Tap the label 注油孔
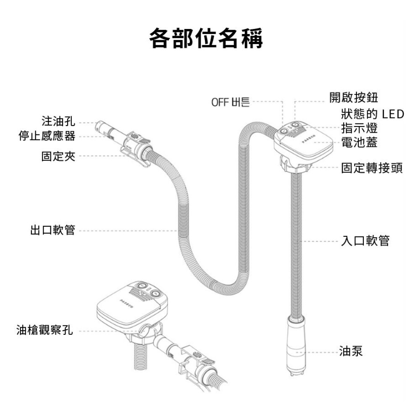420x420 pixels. point(58,122)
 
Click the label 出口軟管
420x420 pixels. point(52,230)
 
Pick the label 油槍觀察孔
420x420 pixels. point(45,330)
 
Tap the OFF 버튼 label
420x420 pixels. point(230,102)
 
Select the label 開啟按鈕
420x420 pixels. point(354,97)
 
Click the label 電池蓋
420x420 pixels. point(359,142)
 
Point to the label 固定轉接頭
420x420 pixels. point(372,168)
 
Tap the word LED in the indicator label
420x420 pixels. point(393,114)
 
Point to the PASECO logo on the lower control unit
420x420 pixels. point(126,302)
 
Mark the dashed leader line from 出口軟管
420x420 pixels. point(126,230)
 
